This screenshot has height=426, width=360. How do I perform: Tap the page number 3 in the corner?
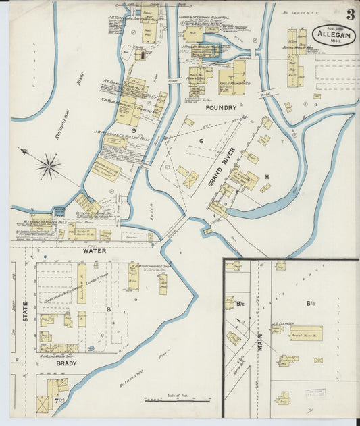(x=351, y=14)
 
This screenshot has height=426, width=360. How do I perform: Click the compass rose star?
(x=48, y=165)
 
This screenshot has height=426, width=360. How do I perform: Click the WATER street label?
(x=95, y=250)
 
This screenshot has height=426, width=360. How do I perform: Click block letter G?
(x=201, y=140)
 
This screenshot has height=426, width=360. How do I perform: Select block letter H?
(x=267, y=177)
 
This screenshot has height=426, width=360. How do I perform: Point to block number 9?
(x=134, y=130)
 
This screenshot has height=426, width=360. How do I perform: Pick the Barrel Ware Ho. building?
(x=305, y=333)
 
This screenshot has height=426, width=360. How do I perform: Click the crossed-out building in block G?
(x=191, y=180)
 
